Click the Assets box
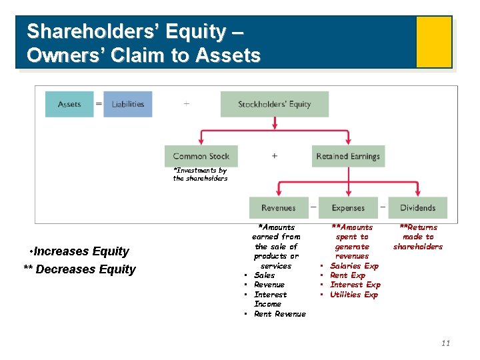click(69, 104)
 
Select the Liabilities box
click(128, 104)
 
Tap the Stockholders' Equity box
click(275, 104)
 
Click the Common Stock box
click(201, 156)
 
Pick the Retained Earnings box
click(348, 156)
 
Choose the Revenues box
click(279, 208)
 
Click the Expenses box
click(348, 208)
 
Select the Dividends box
click(417, 208)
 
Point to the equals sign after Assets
click(99, 104)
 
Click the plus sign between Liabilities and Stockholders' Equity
click(186, 104)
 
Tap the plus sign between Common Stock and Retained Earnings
click(274, 156)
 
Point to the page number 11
click(445, 343)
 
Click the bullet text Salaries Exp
click(354, 266)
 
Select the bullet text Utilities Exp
click(353, 295)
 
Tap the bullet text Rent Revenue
click(279, 314)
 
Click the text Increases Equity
click(81, 251)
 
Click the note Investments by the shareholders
click(200, 175)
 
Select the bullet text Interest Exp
click(355, 285)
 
